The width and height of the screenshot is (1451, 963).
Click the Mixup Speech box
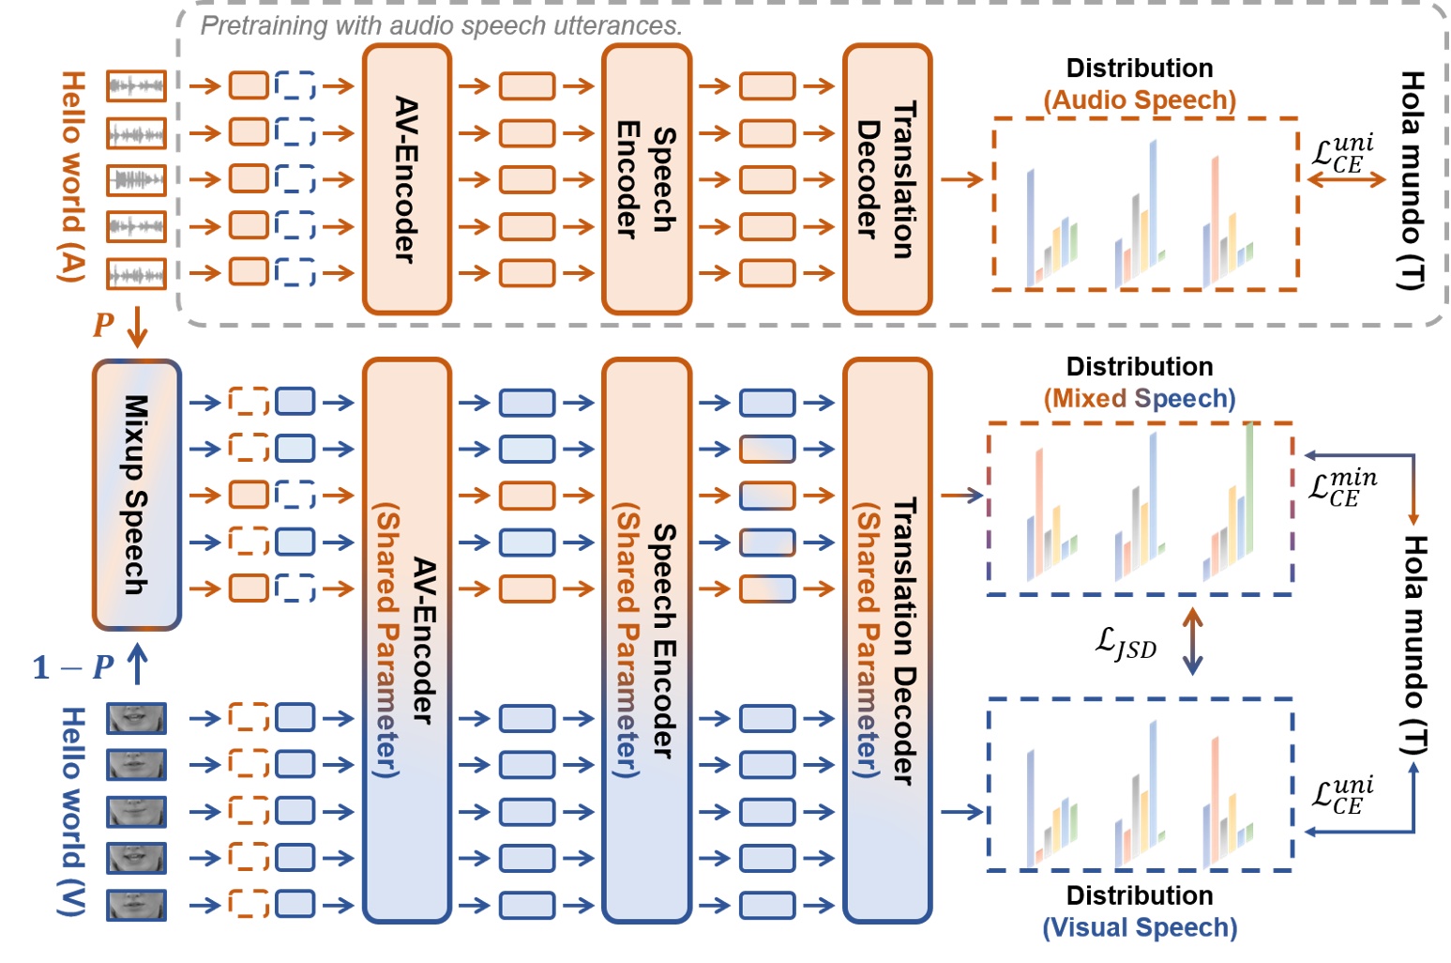click(x=136, y=495)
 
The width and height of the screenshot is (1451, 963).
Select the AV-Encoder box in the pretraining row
click(x=406, y=178)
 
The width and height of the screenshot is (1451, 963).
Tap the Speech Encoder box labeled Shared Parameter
click(x=647, y=640)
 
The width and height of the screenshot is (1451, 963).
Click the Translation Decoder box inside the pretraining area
click(x=887, y=178)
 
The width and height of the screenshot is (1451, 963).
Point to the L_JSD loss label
click(x=1126, y=643)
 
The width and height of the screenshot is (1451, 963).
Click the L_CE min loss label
click(x=1342, y=488)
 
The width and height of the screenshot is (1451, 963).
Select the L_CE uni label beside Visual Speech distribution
click(x=1342, y=795)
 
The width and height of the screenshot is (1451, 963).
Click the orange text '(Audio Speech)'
click(x=1140, y=100)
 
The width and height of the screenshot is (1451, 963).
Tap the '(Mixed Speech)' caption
click(x=1140, y=399)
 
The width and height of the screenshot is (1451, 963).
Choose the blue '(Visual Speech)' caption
click(x=1140, y=927)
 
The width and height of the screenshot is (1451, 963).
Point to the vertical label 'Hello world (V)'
click(x=72, y=811)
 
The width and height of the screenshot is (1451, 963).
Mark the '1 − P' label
click(x=73, y=667)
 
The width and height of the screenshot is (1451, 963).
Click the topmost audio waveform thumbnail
click(x=136, y=85)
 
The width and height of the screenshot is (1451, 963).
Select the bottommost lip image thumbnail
click(x=136, y=905)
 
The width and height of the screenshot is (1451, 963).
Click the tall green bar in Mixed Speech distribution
click(x=1248, y=488)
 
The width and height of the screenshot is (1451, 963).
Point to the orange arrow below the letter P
click(x=137, y=327)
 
